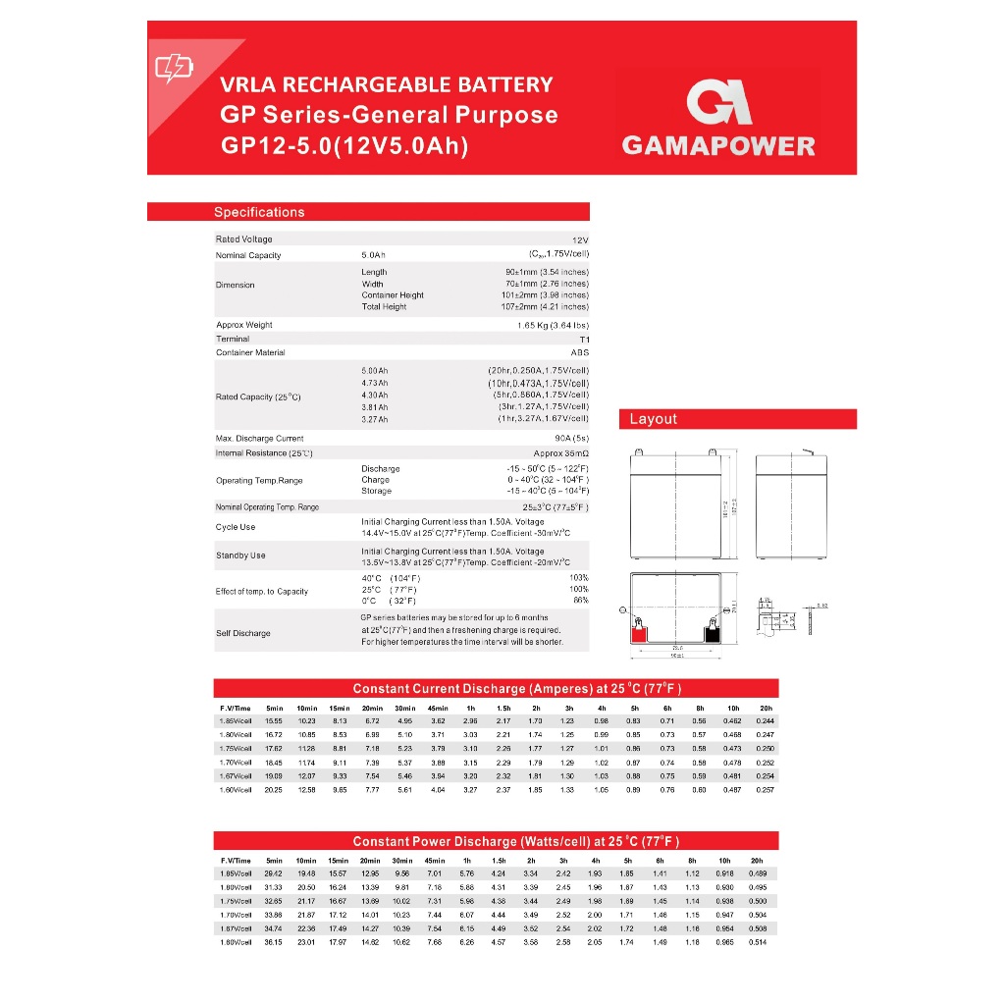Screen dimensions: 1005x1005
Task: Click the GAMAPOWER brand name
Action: coord(718,146)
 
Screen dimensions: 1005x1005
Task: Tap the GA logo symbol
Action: coord(718,103)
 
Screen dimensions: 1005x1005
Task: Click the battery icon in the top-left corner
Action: coord(175,68)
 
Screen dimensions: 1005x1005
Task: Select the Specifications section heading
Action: coord(259,212)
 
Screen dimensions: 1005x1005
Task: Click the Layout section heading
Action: coord(653,419)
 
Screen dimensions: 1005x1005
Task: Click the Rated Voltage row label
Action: coord(244,239)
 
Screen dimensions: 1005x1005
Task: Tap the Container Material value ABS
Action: coord(579,352)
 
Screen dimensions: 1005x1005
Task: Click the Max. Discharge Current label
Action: coord(259,439)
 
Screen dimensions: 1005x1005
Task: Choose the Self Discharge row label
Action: coord(242,633)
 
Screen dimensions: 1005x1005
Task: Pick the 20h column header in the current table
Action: coord(766,708)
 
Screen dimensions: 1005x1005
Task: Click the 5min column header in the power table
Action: coord(274,860)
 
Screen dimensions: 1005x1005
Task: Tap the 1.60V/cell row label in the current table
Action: coord(235,789)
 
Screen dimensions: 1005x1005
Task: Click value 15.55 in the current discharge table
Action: coord(274,721)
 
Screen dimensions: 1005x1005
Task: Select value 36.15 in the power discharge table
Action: coord(274,942)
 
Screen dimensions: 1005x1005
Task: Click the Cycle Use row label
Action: coord(236,527)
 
